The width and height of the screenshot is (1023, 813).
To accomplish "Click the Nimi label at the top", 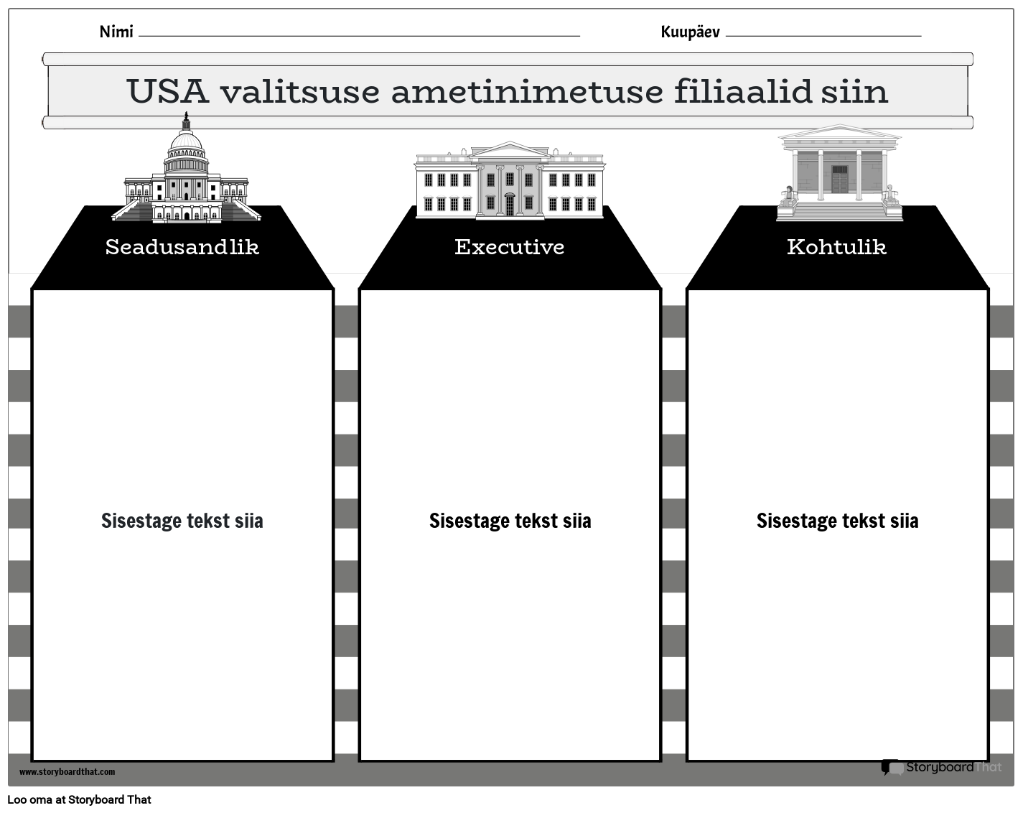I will pyautogui.click(x=116, y=32).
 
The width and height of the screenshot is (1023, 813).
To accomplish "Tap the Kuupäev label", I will pyautogui.click(x=690, y=32).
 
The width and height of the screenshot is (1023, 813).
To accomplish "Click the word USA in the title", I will pyautogui.click(x=167, y=91).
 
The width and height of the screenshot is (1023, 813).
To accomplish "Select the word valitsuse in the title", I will pyautogui.click(x=299, y=91).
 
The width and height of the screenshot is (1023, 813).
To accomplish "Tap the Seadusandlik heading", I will pyautogui.click(x=182, y=247).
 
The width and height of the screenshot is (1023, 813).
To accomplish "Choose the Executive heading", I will pyautogui.click(x=510, y=247).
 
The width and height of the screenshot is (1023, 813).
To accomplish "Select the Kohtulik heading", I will pyautogui.click(x=837, y=247).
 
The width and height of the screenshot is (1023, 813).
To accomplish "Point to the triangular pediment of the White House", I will pyautogui.click(x=510, y=151).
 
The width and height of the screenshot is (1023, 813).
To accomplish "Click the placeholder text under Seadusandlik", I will pyautogui.click(x=182, y=521).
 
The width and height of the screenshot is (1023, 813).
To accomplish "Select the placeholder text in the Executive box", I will pyautogui.click(x=510, y=521).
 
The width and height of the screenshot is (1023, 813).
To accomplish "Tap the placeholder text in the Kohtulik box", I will pyautogui.click(x=837, y=521).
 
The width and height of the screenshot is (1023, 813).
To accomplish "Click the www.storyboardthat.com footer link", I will pyautogui.click(x=67, y=772).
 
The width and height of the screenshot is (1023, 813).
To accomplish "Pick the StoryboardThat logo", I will pyautogui.click(x=941, y=767).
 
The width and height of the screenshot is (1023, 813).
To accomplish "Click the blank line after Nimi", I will pyautogui.click(x=359, y=34).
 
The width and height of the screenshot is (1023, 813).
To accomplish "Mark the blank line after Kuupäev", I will pyautogui.click(x=823, y=34).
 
